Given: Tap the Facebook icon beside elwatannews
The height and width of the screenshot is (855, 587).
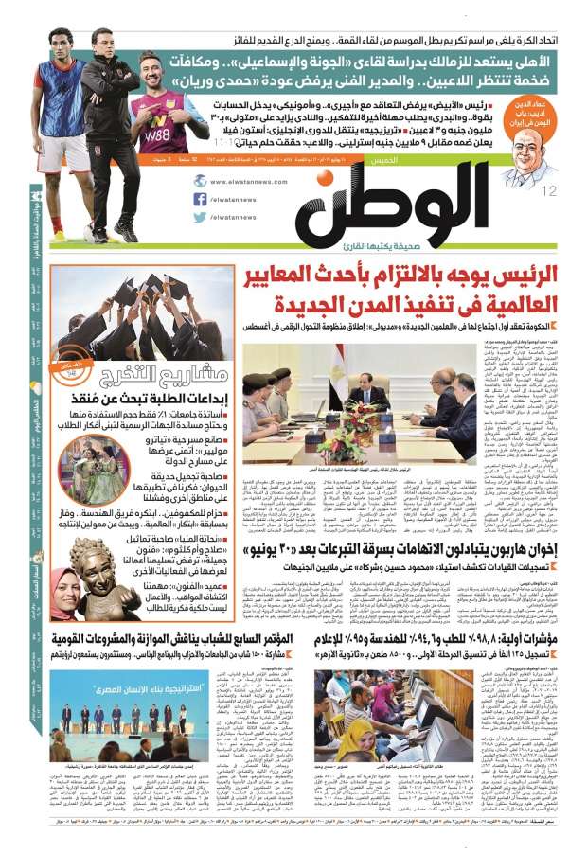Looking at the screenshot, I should tap(200, 199).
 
